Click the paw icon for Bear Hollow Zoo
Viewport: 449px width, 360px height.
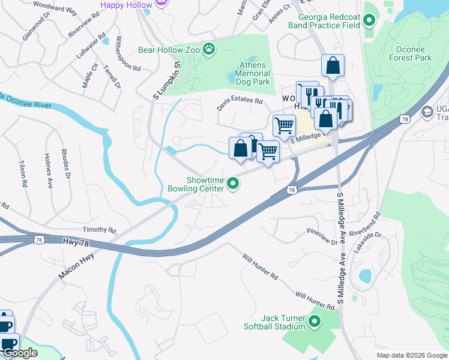[209, 49]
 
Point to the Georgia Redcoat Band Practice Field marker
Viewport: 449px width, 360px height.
[370, 22]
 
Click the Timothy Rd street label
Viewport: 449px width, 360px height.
[99, 230]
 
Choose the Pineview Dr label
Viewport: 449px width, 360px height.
[322, 236]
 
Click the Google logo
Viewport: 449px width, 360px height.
[20, 353]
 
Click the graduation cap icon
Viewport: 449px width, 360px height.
[427, 112]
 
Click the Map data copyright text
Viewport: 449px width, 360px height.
[411, 355]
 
